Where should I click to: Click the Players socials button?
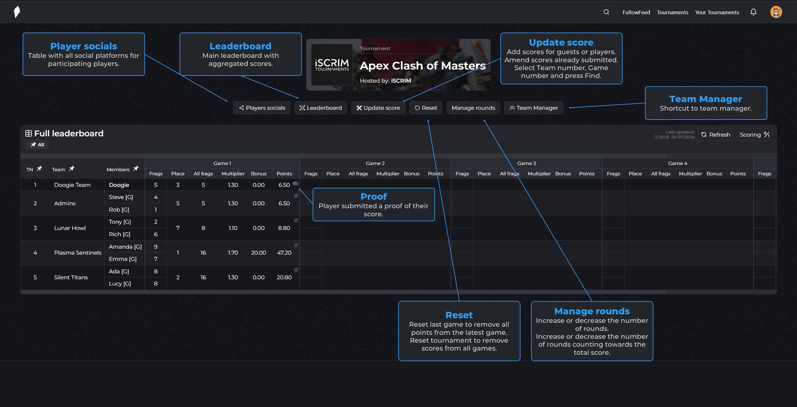pos(262,108)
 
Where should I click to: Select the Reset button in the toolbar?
pos(426,108)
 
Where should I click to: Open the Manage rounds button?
pos(473,108)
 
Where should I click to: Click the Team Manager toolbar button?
pos(534,108)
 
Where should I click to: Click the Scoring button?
pos(754,135)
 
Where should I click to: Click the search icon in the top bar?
pos(606,12)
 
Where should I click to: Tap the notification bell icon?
pos(753,12)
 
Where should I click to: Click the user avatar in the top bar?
pos(776,12)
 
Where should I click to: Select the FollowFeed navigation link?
pos(636,12)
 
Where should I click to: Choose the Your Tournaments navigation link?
pos(717,12)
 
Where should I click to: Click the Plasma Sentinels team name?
pos(78,253)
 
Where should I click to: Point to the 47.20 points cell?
pos(284,253)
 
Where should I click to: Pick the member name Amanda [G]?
pos(125,247)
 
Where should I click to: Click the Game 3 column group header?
pos(526,163)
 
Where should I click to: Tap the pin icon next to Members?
pos(136,169)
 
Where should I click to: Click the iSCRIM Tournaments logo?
pos(332,65)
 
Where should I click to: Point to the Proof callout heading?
pos(373,197)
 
